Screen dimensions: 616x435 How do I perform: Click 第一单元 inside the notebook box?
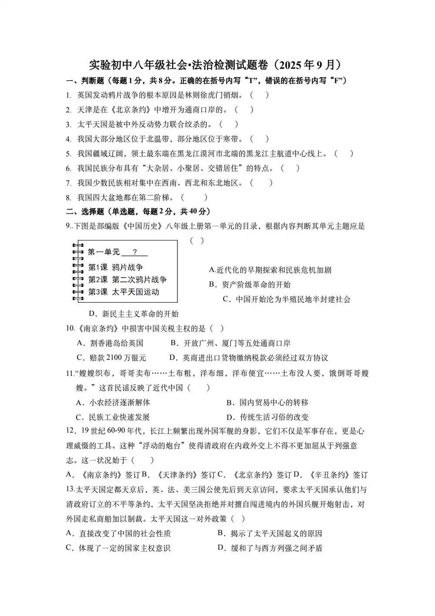[x=104, y=252]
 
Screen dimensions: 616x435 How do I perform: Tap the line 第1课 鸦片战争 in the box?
[x=115, y=267]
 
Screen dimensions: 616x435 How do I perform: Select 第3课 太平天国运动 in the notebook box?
[x=124, y=292]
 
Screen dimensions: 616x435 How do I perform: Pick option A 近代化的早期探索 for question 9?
[x=270, y=270]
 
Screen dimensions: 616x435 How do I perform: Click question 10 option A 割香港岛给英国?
[x=110, y=343]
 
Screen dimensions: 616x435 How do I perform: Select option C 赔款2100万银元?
[x=111, y=358]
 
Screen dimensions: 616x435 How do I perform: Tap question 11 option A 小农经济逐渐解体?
[x=113, y=403]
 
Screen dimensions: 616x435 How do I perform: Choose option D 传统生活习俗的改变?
[x=268, y=417]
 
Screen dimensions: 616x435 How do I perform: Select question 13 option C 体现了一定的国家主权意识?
[x=118, y=548]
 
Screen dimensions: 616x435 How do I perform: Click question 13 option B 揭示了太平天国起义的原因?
[x=270, y=534]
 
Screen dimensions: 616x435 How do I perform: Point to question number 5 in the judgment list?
[x=69, y=154]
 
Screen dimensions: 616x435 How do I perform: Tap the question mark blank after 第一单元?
[x=135, y=252]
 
